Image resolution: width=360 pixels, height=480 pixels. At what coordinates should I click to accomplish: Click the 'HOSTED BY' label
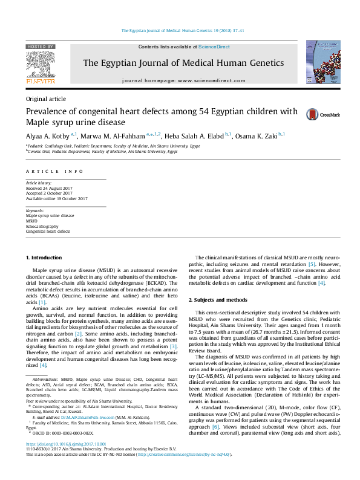tap(40, 47)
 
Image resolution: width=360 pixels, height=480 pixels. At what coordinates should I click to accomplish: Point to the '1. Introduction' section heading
tap(44, 258)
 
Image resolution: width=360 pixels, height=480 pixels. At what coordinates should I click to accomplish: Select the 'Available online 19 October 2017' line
tap(57, 198)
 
